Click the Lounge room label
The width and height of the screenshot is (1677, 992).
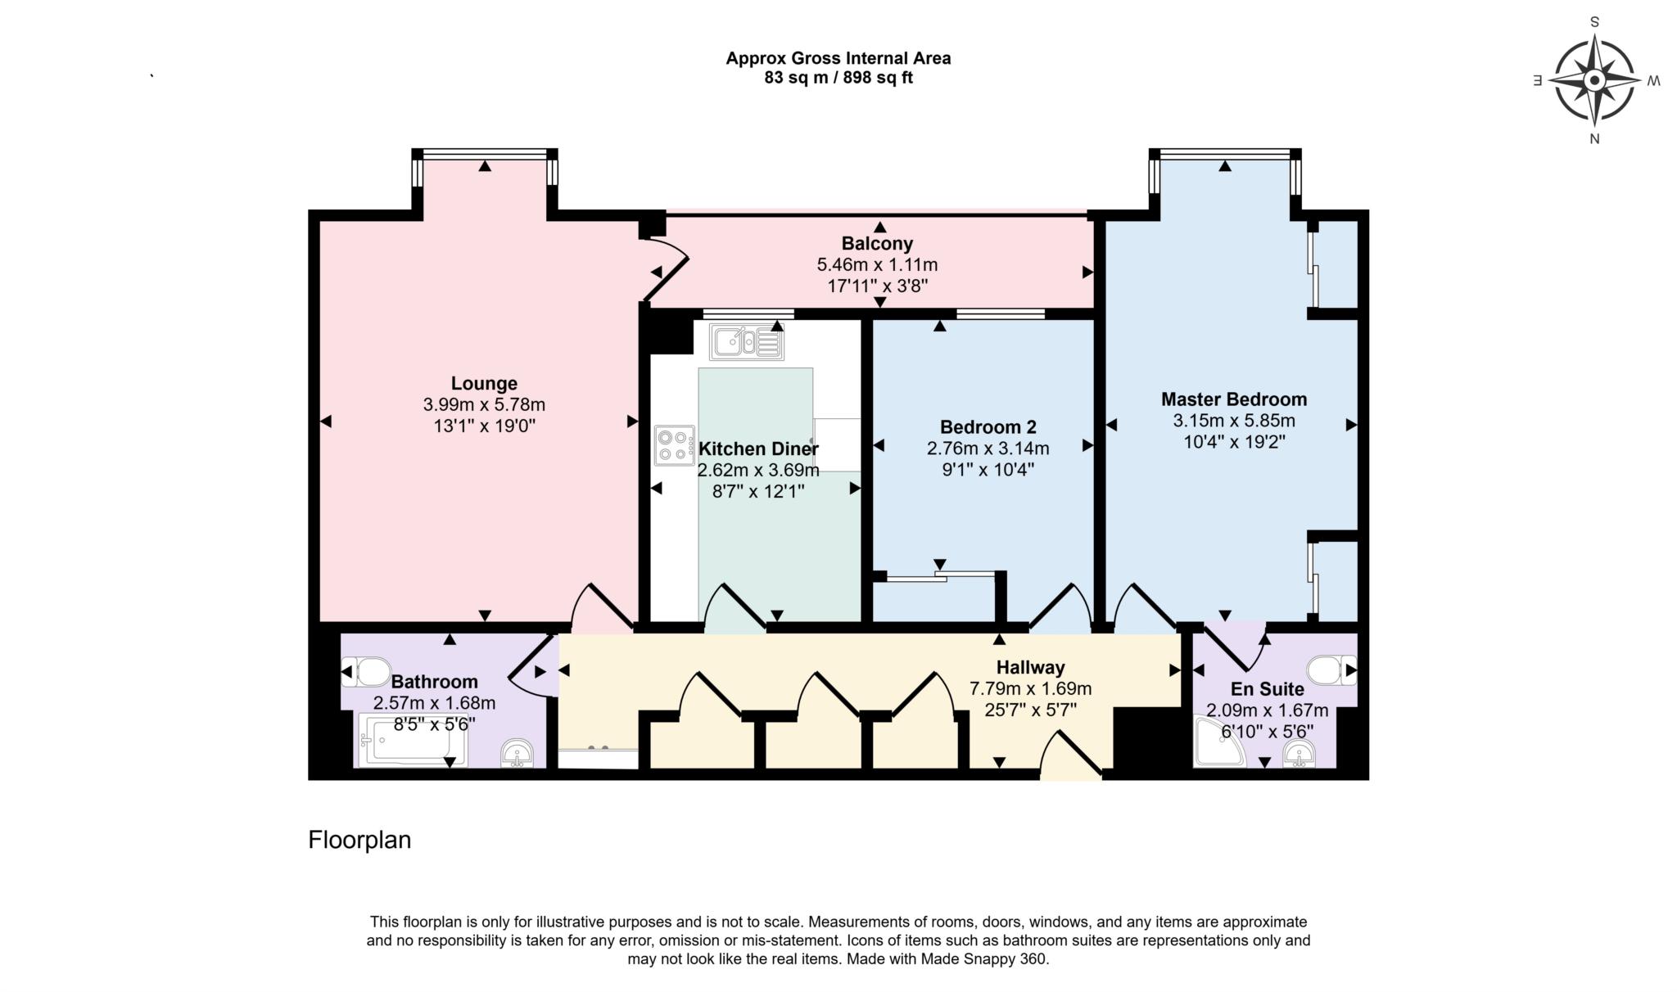click(484, 383)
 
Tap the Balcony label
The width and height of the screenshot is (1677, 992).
click(877, 243)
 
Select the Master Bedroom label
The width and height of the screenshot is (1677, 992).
click(1234, 399)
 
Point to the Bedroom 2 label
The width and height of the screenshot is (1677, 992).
click(988, 426)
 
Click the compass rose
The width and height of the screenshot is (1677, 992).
click(1593, 81)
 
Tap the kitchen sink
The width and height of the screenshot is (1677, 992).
click(746, 341)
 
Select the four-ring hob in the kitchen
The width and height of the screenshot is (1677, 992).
click(675, 445)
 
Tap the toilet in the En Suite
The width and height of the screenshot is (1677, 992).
click(1330, 670)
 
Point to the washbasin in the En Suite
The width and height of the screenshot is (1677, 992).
click(1300, 753)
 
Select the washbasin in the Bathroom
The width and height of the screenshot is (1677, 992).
click(517, 752)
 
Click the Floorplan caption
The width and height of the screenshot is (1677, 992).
click(359, 841)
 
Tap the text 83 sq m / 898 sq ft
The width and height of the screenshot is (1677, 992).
click(838, 79)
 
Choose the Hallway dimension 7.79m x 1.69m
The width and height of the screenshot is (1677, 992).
click(1030, 689)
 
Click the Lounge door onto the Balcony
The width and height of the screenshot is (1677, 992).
click(665, 268)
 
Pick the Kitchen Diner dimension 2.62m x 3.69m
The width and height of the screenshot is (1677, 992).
click(757, 471)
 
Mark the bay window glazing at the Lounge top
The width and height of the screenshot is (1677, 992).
click(485, 152)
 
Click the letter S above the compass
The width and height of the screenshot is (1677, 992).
click(1594, 22)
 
